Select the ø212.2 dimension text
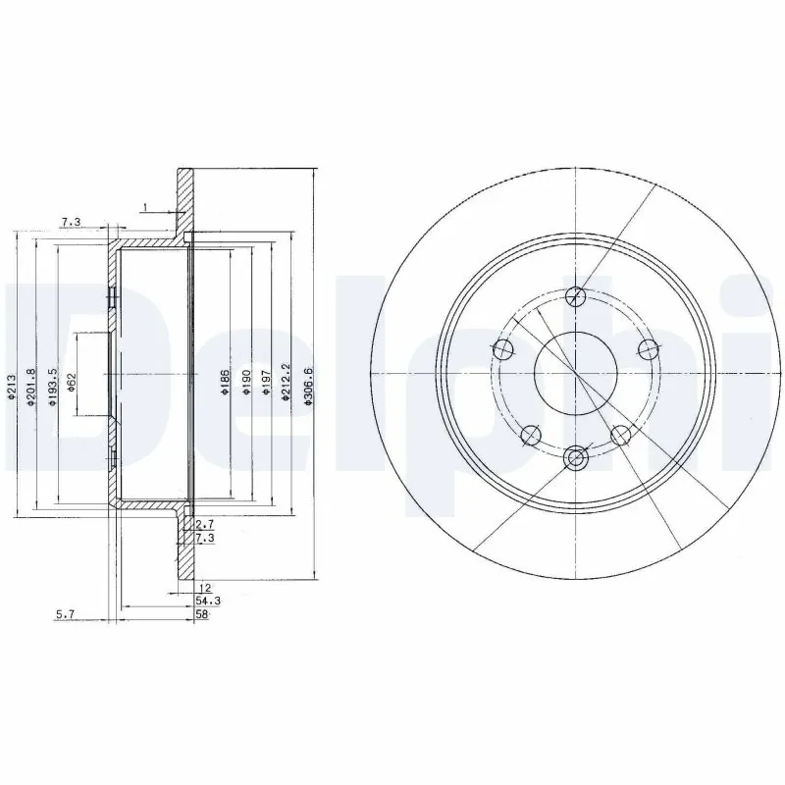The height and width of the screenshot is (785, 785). tap(286, 378)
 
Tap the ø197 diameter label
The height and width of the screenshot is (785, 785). tap(265, 382)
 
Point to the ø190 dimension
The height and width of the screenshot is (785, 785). tap(245, 382)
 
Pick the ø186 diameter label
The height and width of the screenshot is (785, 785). tap(224, 382)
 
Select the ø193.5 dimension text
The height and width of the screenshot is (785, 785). tap(53, 382)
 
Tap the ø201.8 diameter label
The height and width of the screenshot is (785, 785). tap(32, 382)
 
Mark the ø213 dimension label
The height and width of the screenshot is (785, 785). tap(11, 386)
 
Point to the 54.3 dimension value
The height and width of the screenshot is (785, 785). tap(205, 600)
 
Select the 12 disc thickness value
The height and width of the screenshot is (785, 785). tap(203, 588)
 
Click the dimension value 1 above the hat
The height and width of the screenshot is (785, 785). tap(144, 206)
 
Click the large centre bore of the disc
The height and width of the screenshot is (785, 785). tap(575, 374)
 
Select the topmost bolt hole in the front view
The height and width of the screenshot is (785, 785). tap(576, 295)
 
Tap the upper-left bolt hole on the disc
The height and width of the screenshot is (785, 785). tap(502, 348)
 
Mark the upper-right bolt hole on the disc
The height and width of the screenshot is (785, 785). tap(648, 348)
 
